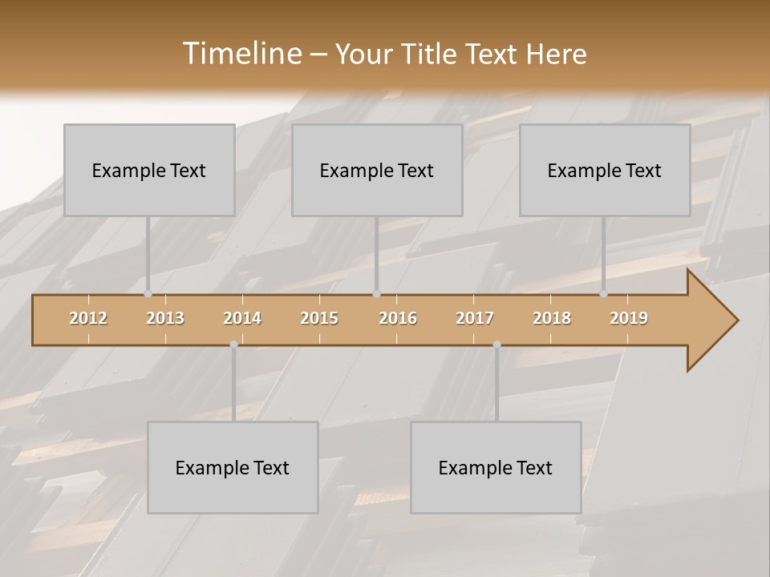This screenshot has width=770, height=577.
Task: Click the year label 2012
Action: click(88, 318)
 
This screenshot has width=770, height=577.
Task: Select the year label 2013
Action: click(165, 318)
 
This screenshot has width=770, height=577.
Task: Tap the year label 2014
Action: click(242, 318)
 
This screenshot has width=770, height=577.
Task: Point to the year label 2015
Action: click(319, 318)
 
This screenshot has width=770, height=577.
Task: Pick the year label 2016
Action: click(398, 318)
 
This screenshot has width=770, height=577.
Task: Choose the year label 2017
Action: click(475, 318)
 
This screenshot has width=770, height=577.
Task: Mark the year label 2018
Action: click(552, 318)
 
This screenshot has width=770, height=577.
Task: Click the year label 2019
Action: click(629, 318)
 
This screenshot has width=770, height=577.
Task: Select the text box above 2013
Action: click(149, 170)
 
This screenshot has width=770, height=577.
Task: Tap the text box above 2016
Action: click(377, 170)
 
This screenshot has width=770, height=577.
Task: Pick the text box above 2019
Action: click(605, 170)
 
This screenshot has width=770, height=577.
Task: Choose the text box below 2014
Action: click(233, 467)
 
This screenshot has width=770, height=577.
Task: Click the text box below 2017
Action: click(496, 467)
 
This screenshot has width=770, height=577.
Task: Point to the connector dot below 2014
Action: click(233, 345)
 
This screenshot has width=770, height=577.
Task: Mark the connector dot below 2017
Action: click(496, 345)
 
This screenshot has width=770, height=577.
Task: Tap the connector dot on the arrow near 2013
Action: click(148, 294)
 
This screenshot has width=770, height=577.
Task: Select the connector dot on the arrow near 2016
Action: click(376, 294)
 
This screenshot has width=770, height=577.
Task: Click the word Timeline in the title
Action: click(241, 53)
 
